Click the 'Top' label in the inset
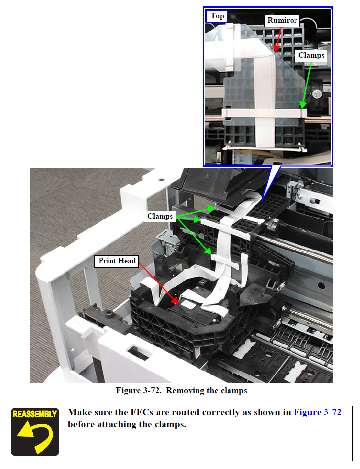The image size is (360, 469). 217,16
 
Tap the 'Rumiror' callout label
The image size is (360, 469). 282,20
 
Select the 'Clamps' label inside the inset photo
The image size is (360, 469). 311,56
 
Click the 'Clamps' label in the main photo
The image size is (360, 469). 160,216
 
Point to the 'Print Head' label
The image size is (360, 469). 117,261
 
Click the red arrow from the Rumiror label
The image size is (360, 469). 279,39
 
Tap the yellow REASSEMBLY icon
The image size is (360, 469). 34,432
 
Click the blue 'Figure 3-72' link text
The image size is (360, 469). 318,412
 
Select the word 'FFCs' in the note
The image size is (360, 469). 141,412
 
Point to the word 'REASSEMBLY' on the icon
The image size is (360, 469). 34,414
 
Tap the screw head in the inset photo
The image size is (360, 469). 317,94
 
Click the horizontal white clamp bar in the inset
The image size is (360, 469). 264,113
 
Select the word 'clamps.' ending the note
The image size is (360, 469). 170,425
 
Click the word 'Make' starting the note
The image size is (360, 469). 79,412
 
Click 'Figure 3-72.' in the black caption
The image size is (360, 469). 139,391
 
